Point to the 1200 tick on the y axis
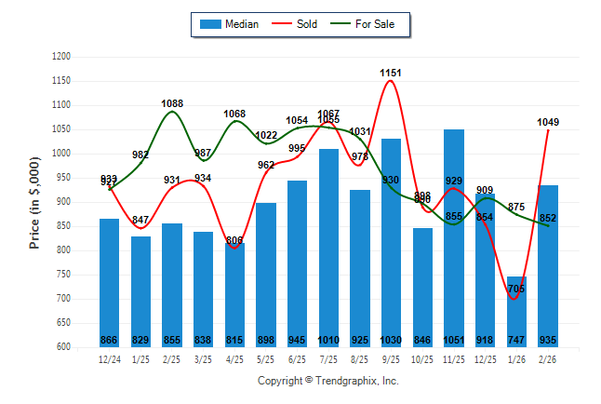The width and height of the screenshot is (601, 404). click(60, 57)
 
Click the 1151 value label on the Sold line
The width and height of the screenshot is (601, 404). click(391, 72)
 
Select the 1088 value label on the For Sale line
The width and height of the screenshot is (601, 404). click(172, 103)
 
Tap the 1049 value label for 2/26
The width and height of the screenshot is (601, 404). click(549, 122)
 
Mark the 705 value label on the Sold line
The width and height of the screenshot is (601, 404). click(517, 290)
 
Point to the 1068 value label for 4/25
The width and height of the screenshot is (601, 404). click(234, 114)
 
